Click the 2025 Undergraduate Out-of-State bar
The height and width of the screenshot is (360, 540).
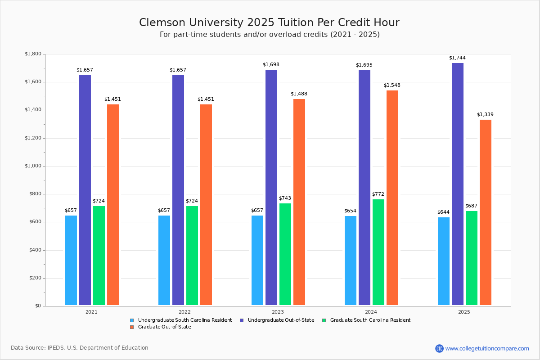coord(457,184)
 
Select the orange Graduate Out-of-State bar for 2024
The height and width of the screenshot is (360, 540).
coord(392,198)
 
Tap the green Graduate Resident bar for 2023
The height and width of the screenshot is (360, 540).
coord(285,254)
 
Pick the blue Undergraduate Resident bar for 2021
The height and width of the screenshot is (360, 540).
coord(71,261)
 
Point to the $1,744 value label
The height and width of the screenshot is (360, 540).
coord(457,58)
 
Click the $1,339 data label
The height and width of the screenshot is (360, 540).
coord(485,114)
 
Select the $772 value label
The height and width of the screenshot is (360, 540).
coord(378,194)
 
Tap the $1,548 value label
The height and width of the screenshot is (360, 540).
coord(392,85)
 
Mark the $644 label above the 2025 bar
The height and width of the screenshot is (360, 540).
coord(443,212)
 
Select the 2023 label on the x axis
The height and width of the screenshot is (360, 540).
coord(278,311)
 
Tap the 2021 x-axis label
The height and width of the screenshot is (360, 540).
coord(91,311)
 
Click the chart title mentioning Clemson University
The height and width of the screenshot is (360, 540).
coord(269,22)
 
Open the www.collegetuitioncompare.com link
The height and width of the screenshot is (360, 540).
coord(487,348)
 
